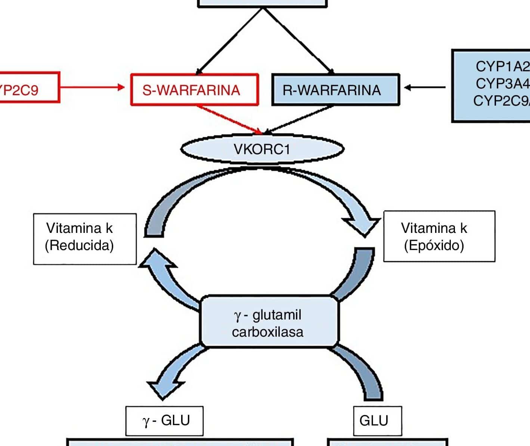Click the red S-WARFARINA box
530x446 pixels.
[x=194, y=90]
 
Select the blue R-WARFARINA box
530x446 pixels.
[x=335, y=90]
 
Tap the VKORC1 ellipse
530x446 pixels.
[x=262, y=149]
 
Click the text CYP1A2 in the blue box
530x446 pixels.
[x=502, y=66]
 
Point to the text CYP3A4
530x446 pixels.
[x=502, y=84]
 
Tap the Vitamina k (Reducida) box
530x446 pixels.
[x=85, y=239]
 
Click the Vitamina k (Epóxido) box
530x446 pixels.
[x=439, y=236]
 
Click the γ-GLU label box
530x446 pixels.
[x=164, y=421]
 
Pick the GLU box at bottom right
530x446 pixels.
[x=377, y=421]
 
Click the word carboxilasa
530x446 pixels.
[x=267, y=331]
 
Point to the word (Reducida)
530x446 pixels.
[x=79, y=246]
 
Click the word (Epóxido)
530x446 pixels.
[x=434, y=246]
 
